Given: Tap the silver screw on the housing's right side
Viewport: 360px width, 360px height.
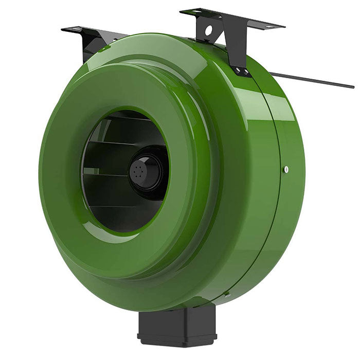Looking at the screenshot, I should click(x=286, y=169).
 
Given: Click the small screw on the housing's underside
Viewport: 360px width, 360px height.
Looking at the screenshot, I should click(x=227, y=294).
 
